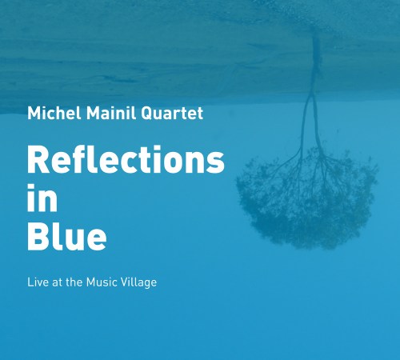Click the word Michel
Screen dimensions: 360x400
click(50, 113)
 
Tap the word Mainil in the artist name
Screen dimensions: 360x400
click(105, 113)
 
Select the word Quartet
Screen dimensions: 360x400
click(170, 114)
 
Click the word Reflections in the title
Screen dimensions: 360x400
click(126, 161)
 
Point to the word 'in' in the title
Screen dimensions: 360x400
click(42, 198)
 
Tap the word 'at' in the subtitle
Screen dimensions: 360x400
click(58, 282)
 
